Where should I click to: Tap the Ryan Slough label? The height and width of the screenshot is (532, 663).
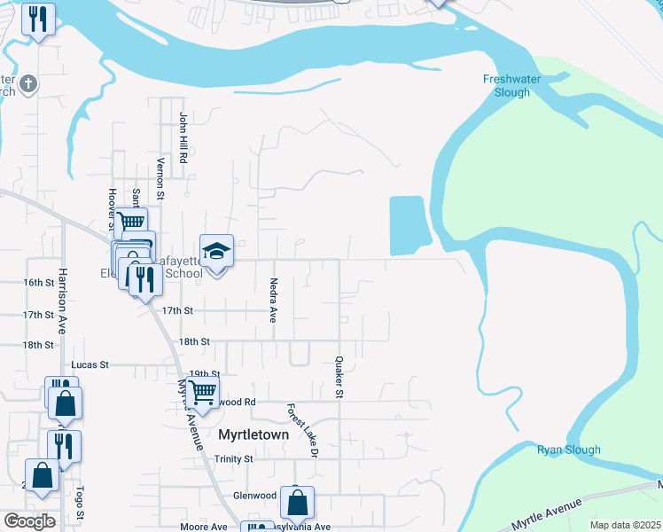568,450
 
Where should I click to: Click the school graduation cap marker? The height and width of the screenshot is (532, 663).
216,252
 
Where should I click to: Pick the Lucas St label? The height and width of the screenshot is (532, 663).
90,364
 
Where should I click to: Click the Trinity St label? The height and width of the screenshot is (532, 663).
234,459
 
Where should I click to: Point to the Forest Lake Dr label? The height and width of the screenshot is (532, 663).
301,430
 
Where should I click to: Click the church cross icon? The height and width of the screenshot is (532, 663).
28,84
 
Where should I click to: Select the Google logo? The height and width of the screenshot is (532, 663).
29,521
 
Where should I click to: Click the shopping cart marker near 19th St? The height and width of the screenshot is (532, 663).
203,391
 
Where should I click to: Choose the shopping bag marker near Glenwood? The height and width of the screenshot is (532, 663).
297,502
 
